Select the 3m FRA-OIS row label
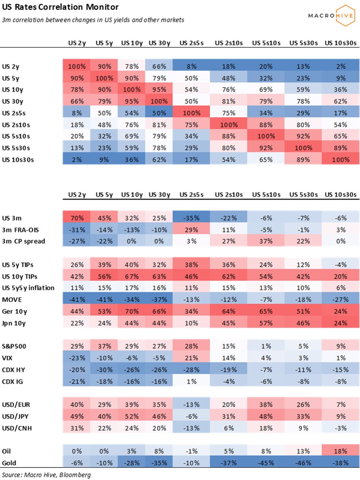tap(19, 229)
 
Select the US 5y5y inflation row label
tap(28, 288)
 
